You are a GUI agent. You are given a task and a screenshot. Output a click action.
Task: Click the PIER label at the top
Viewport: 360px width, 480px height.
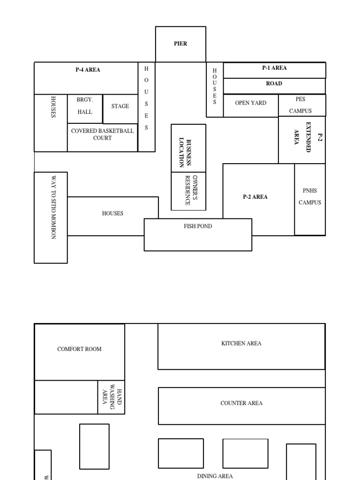180,44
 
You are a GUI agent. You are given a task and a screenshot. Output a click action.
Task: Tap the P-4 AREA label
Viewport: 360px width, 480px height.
88,70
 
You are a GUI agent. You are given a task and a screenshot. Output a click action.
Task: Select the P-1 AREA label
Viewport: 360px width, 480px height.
274,68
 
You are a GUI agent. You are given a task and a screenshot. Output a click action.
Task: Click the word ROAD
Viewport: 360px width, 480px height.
274,83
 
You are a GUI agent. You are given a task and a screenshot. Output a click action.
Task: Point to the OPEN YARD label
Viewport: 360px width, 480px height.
251,103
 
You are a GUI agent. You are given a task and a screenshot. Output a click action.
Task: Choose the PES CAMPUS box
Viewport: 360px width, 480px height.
300,105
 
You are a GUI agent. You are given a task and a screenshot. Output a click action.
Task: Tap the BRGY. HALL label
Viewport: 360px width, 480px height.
85,106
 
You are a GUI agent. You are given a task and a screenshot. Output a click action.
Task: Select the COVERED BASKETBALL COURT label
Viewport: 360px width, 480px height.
102,135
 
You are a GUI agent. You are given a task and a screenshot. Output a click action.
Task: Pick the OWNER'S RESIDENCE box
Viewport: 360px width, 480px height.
188,191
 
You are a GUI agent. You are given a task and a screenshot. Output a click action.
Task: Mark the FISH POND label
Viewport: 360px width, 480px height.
198,226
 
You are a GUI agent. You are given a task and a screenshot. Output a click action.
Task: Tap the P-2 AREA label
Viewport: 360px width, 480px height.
255,197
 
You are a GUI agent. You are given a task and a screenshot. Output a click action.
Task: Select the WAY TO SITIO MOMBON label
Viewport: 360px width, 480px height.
53,208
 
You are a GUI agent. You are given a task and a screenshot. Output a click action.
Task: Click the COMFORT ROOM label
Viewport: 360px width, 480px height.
79,349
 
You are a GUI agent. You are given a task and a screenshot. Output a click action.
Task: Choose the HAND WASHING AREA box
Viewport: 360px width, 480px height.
112,397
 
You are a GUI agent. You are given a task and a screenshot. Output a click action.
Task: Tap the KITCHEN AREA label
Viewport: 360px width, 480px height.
241,344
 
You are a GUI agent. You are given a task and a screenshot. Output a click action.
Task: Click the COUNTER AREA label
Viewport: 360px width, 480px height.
241,403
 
